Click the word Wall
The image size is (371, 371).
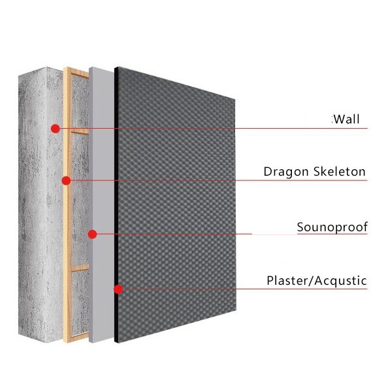[x=347, y=119]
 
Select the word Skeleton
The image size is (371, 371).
[x=340, y=171]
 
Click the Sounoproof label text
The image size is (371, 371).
[x=332, y=227]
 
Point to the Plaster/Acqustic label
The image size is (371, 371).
[x=317, y=281]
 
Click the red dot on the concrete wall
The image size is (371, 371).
[x=55, y=129]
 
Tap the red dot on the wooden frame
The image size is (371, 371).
[x=66, y=181]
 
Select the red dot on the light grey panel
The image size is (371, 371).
[x=92, y=234]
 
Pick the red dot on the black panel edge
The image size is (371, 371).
[x=118, y=289]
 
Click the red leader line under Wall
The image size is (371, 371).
[x=214, y=129]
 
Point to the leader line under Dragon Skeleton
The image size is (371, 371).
[x=219, y=181]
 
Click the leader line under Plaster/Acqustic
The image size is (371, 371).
[x=245, y=289]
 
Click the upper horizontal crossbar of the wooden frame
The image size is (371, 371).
[x=80, y=132]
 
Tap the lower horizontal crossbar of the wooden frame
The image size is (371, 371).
[x=80, y=268]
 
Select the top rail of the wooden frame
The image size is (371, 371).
[x=77, y=72]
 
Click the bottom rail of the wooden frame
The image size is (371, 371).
[x=77, y=337]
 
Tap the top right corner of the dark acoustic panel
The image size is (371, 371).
[x=235, y=100]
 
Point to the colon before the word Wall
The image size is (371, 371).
[x=332, y=120]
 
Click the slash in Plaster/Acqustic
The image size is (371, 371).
[x=311, y=281]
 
